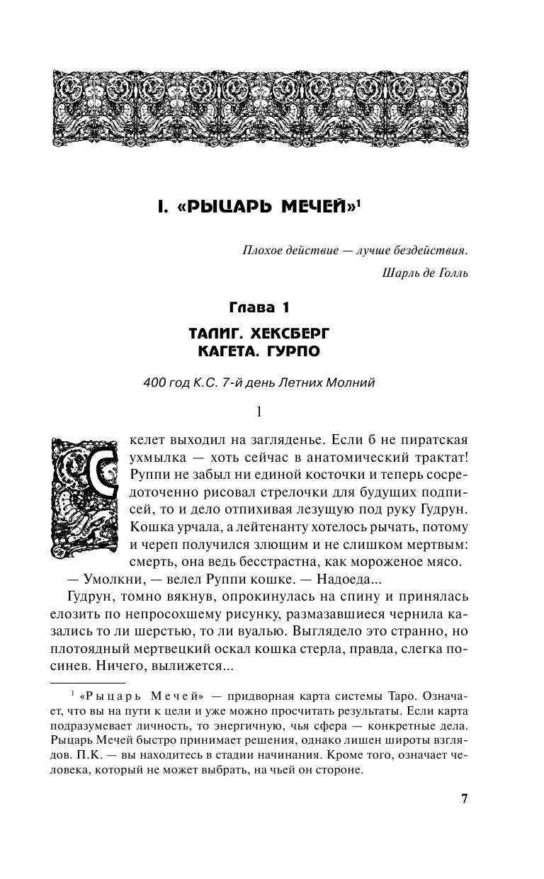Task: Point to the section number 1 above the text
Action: tap(259, 412)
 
